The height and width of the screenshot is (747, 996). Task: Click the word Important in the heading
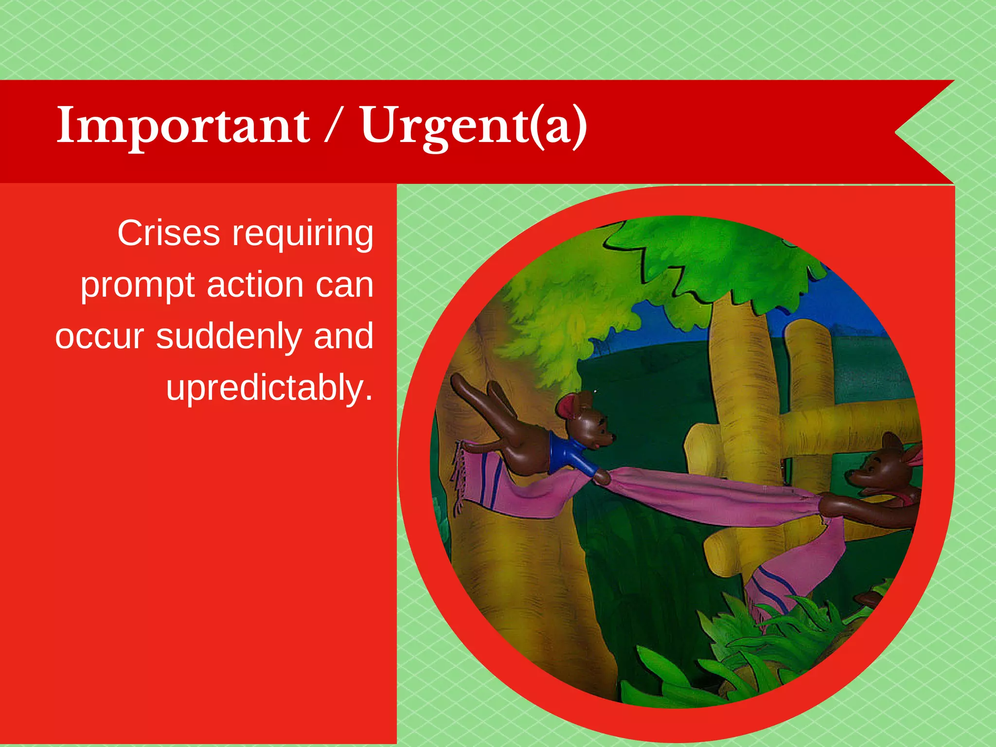click(x=183, y=125)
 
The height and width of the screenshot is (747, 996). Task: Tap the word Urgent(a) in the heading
click(x=473, y=125)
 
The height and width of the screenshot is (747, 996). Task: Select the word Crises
click(x=168, y=233)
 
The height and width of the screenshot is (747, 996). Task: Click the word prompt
click(x=138, y=286)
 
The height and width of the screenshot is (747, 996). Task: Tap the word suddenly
click(x=230, y=337)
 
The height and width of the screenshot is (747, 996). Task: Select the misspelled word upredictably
click(x=269, y=388)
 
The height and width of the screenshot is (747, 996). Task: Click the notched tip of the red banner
click(x=897, y=131)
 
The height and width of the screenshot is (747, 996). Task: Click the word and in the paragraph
click(x=343, y=337)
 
